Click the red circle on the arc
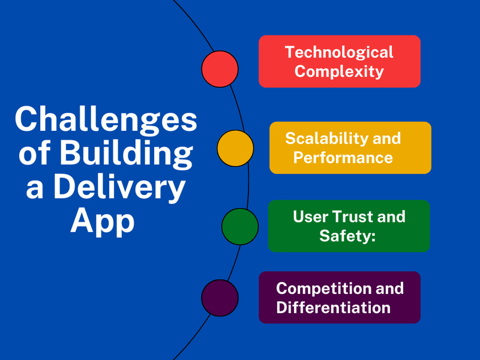coord(220,69)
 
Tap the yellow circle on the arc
coord(235,148)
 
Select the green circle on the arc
coord(240,227)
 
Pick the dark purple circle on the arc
coord(220,298)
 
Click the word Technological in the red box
coord(339,52)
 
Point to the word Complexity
coord(339,72)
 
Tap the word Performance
coord(343,157)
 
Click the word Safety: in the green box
coord(347,236)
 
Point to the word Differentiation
coord(334,307)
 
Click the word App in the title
coord(103,221)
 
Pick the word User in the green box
coord(310,217)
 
